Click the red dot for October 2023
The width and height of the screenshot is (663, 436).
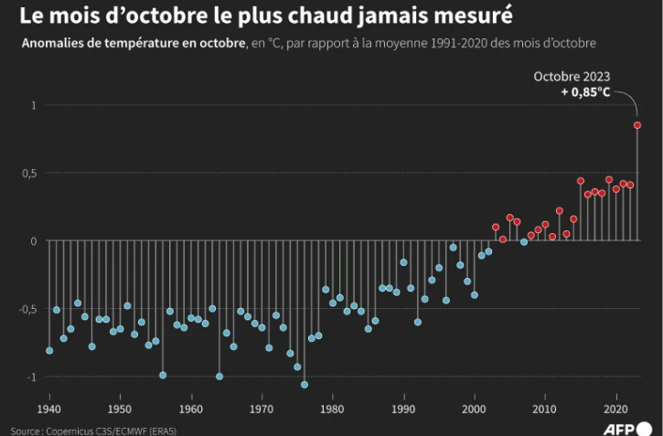(x=637, y=125)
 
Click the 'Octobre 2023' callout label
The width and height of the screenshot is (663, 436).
(x=572, y=77)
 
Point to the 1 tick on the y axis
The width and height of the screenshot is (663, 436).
(x=33, y=105)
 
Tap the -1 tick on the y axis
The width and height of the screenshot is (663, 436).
(x=30, y=377)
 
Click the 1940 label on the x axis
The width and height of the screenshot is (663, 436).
(x=49, y=408)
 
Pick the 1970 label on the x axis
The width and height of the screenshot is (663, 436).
(x=262, y=408)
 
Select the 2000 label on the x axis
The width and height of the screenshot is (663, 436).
(x=474, y=408)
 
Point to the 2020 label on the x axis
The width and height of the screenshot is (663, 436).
(x=615, y=408)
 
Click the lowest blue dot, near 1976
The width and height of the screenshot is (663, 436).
(x=305, y=384)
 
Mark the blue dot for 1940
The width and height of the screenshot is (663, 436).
(x=49, y=350)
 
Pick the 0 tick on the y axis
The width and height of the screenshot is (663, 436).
(x=33, y=241)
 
